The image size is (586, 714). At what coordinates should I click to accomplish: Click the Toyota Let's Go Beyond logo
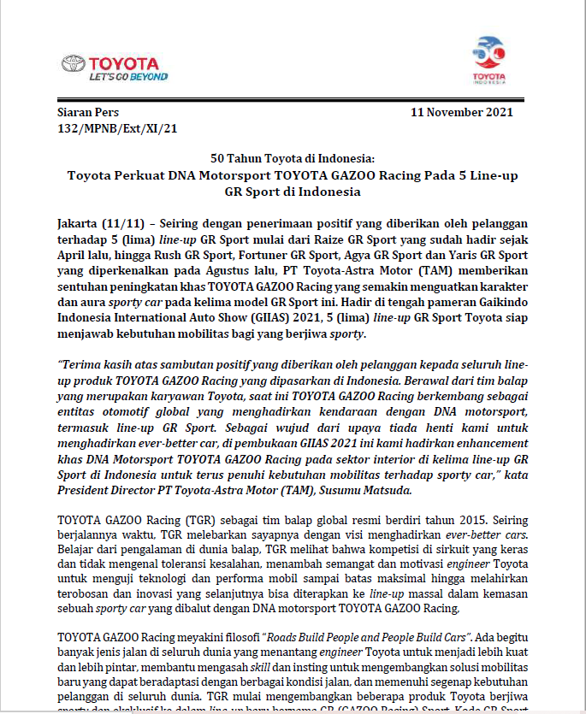(110, 68)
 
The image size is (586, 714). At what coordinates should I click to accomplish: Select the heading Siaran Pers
(88, 113)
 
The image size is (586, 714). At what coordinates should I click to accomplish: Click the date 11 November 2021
(462, 113)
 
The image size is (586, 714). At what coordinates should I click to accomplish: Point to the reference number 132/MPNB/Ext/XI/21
(116, 128)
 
